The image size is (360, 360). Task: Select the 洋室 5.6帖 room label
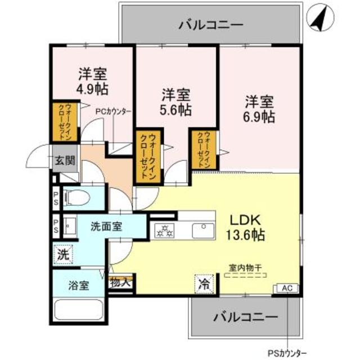[x=176, y=102]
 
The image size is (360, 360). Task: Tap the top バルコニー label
[x=211, y=25]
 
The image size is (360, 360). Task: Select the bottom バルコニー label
[x=245, y=317]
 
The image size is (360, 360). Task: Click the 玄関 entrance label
[x=64, y=160]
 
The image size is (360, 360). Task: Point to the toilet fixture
[x=76, y=197]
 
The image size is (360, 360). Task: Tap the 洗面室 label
[x=107, y=227]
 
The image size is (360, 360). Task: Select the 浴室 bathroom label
[x=79, y=285]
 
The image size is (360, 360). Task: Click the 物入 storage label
[x=120, y=282]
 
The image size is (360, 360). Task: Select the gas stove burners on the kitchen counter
[x=166, y=230]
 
